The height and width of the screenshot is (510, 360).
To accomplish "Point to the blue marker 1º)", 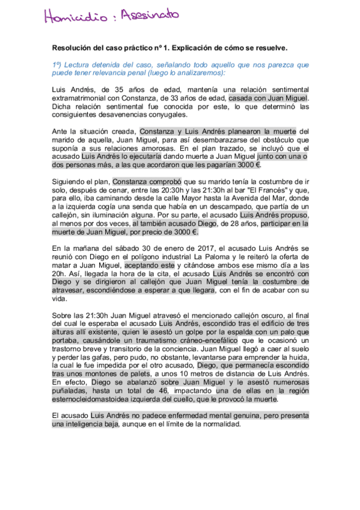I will click(57, 64).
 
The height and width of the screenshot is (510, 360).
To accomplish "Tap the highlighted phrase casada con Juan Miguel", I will click(268, 98).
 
